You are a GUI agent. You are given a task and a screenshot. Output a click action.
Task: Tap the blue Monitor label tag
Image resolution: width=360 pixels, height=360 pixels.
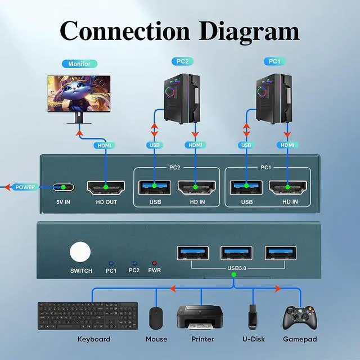(x=80, y=64)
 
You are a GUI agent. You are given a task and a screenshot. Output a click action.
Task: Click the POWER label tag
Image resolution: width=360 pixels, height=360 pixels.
(x=25, y=187)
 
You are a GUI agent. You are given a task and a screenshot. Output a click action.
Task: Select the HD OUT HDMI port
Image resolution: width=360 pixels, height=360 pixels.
(x=105, y=187)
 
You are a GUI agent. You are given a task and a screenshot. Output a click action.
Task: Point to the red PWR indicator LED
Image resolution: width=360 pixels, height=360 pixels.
(x=154, y=263)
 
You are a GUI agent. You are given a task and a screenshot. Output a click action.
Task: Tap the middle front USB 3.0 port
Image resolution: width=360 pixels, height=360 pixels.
(x=237, y=253)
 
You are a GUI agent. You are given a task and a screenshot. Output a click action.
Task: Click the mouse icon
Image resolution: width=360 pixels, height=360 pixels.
(x=156, y=318)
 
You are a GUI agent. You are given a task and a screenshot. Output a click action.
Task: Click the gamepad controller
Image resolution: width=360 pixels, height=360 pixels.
(x=299, y=317)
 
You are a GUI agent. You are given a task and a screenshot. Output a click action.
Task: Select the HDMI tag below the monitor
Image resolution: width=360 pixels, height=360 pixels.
(x=105, y=145)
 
